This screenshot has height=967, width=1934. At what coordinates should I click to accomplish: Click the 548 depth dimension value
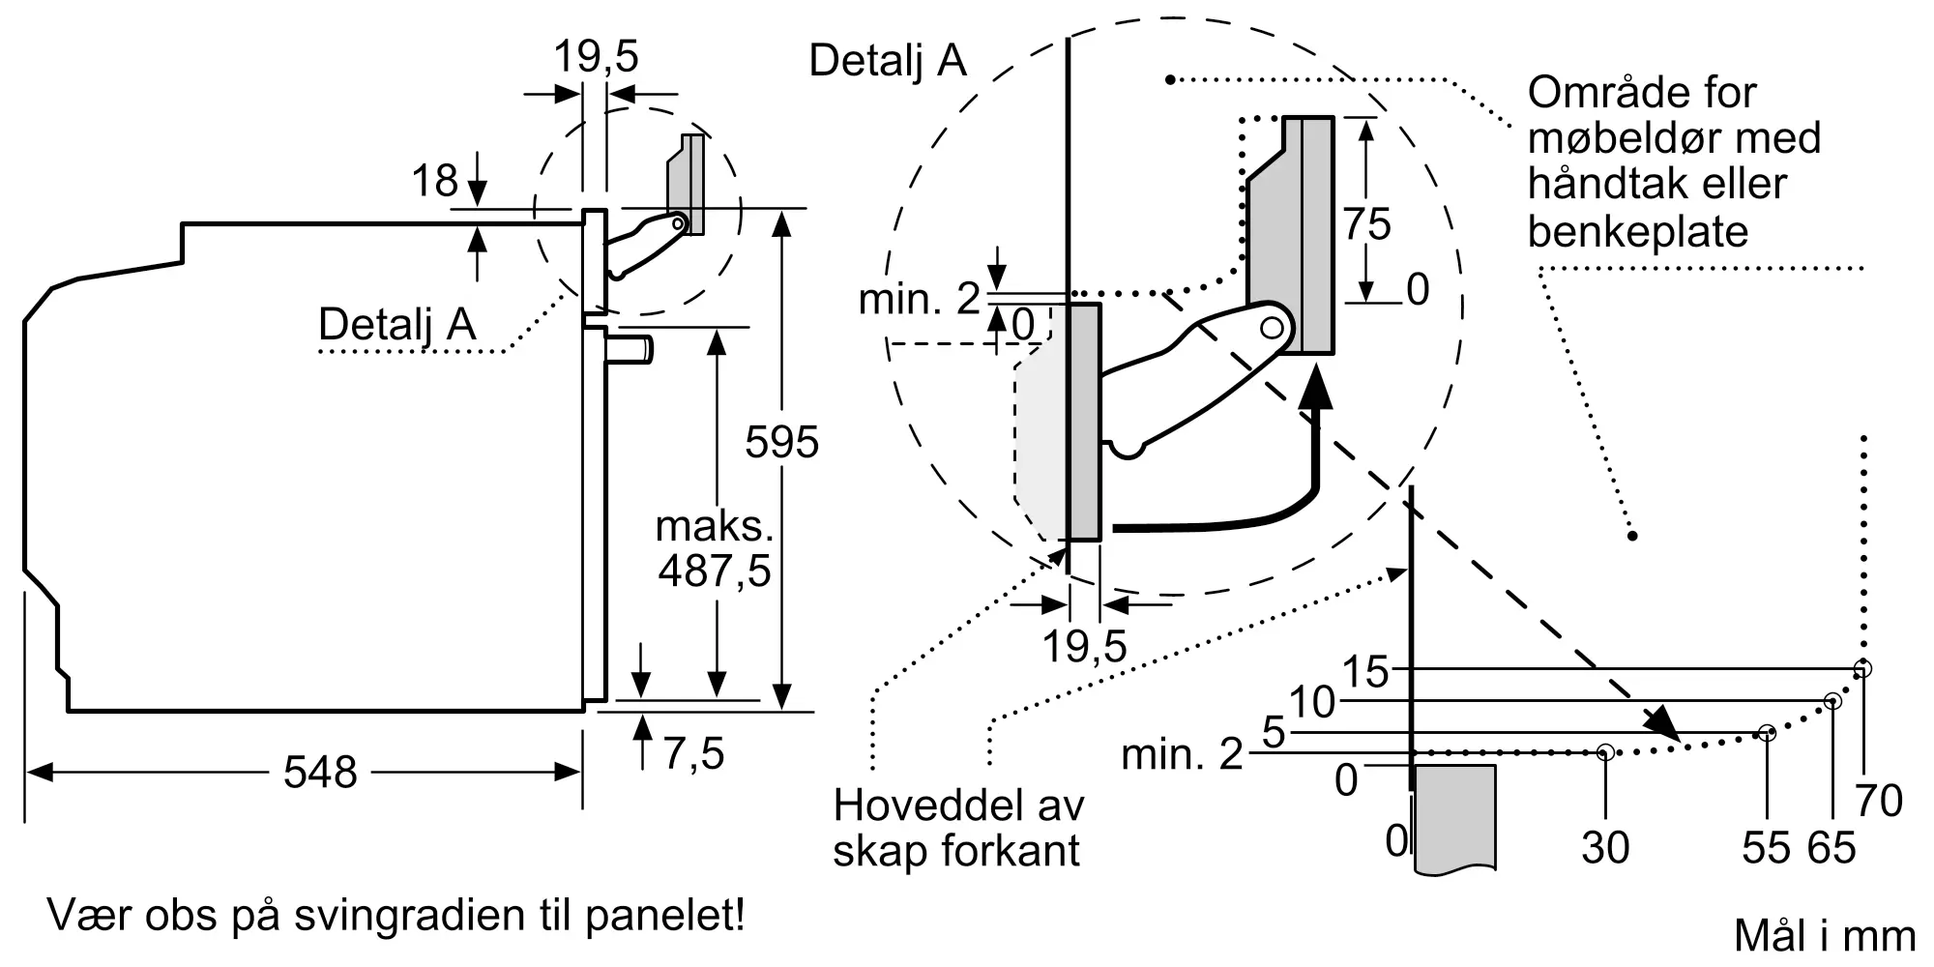click(320, 773)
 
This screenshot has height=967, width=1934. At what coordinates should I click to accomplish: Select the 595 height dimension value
click(781, 442)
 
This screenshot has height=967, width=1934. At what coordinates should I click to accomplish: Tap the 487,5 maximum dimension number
click(715, 571)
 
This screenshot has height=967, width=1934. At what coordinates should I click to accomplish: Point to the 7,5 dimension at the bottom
click(694, 753)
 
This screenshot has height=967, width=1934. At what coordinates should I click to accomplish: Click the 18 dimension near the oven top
click(434, 181)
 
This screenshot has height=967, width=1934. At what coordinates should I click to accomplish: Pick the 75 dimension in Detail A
click(1366, 224)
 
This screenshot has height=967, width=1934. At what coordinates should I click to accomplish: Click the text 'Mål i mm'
click(1825, 936)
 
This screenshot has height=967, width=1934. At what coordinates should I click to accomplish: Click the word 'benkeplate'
click(1638, 231)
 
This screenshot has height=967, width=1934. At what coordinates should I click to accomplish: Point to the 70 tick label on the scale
click(1879, 801)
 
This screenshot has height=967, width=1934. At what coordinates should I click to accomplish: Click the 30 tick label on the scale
click(1605, 848)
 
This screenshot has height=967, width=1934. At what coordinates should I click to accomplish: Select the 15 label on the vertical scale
click(1364, 672)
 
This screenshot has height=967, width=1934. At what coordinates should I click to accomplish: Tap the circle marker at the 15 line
click(1862, 668)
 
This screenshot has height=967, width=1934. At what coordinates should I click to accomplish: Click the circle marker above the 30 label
click(1605, 751)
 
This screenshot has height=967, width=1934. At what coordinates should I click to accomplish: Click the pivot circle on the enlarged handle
click(1272, 328)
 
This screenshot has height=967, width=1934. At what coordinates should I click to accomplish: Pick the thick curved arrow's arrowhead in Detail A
click(1314, 396)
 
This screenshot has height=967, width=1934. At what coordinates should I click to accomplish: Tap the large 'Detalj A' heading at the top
click(888, 60)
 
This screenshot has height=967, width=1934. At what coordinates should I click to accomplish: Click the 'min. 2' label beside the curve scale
click(1182, 754)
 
